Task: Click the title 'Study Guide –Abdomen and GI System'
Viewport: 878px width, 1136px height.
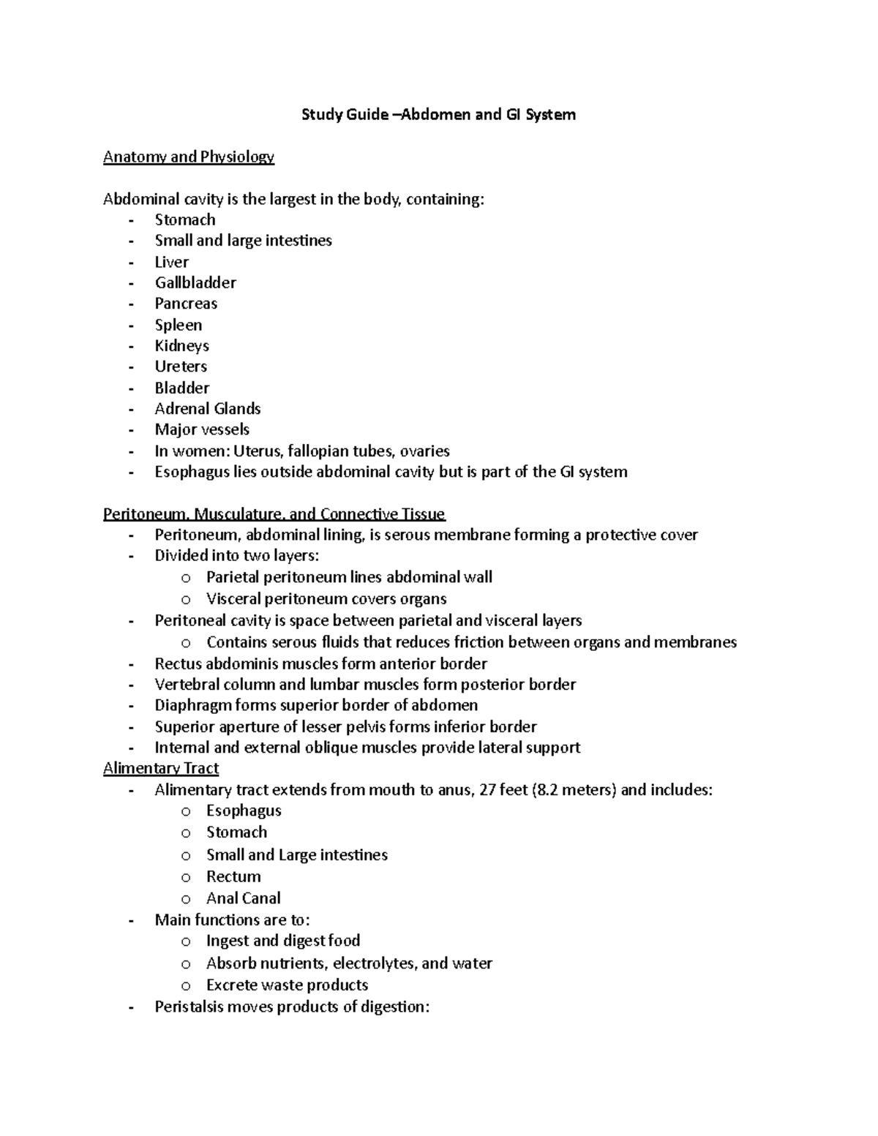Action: coord(438,114)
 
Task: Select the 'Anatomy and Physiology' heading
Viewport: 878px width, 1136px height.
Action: coord(188,157)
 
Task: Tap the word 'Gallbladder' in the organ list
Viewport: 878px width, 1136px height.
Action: coord(195,282)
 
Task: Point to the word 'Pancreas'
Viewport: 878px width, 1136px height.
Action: coord(186,304)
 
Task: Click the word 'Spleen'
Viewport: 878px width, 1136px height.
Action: coord(178,325)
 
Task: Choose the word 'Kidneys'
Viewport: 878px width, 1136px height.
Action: coord(181,345)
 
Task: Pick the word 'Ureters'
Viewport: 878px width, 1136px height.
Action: coord(181,366)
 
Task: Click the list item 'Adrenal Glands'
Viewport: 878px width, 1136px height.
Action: coord(207,408)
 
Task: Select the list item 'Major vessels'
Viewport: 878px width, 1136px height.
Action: coord(202,429)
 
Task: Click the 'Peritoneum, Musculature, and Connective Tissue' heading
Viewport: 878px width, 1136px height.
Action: coord(274,514)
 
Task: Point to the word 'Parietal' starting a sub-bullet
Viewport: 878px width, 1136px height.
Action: coord(233,577)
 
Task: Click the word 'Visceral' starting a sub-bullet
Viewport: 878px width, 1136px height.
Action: coord(233,598)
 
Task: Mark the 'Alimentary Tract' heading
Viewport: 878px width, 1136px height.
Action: coord(161,768)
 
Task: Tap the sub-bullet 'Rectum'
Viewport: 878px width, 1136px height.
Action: coord(233,876)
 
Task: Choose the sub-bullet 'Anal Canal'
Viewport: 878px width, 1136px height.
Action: coord(243,898)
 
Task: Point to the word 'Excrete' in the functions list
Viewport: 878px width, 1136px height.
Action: coord(231,985)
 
